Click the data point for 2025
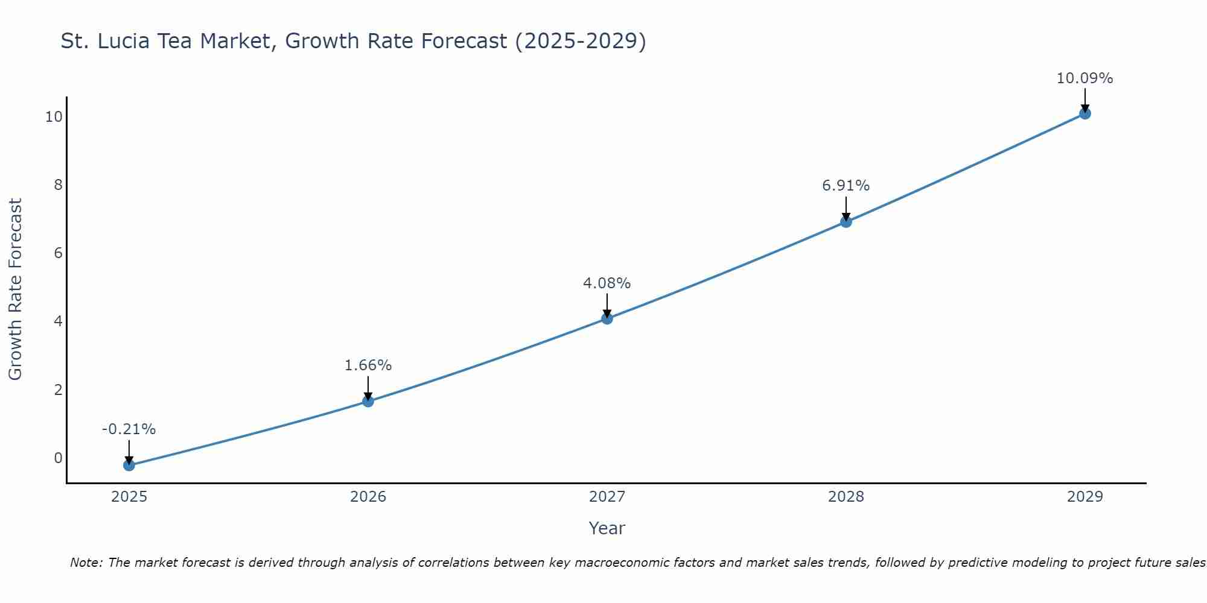coord(129,465)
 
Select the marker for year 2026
coord(368,401)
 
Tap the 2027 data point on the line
coord(607,318)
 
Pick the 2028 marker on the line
coord(846,222)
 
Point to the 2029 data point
coord(1084,113)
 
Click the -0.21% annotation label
coord(129,429)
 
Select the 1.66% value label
coord(368,365)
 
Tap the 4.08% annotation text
coord(607,283)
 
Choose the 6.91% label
coord(846,186)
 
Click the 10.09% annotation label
coord(1084,78)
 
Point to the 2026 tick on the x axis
coord(368,497)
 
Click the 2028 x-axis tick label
coord(846,497)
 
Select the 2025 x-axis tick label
coord(129,497)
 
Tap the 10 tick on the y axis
coord(54,117)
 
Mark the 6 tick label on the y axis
coord(58,253)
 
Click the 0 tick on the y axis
coord(58,458)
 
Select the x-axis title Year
coord(607,528)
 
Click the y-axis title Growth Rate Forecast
coord(15,289)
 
